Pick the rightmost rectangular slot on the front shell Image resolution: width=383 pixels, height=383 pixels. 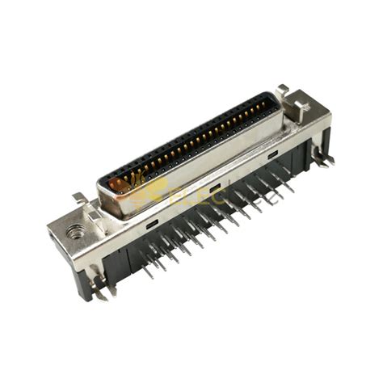point(273,154)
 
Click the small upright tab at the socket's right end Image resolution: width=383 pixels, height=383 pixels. point(282,90)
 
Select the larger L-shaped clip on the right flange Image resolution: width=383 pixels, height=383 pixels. point(301,106)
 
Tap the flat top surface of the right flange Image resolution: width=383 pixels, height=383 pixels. point(310,120)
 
